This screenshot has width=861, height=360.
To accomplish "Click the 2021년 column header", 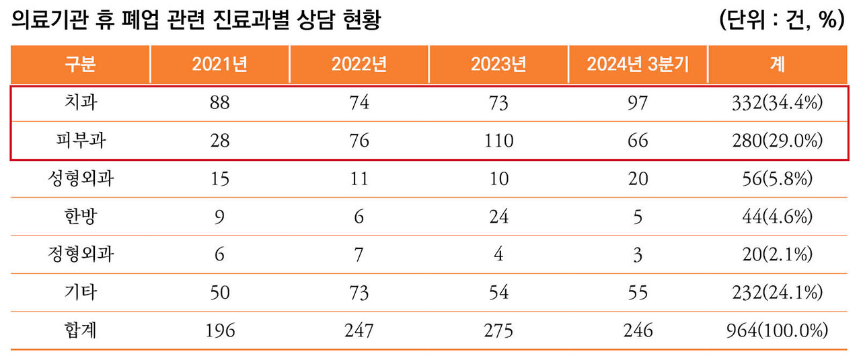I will pos(220,65).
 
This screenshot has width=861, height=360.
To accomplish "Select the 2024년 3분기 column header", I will pos(637,65).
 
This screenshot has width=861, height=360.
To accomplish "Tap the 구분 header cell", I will pos(80,65).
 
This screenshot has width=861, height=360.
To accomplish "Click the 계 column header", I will pos(777,65).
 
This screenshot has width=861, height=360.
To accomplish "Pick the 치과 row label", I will pos(80,103).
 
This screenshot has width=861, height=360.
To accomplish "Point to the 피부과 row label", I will pos(80,141).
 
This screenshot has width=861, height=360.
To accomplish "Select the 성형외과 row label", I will pos(80,179).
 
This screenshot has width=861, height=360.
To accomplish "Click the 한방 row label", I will pos(80,217).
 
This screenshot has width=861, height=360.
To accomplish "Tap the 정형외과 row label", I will pos(80,255).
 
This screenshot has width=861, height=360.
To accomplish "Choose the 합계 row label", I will pos(80,331).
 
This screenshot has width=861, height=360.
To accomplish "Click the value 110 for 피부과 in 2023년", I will pos(498,141).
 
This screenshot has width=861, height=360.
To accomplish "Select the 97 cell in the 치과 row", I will pos(637,103).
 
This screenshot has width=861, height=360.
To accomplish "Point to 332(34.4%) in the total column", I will pos(777,103).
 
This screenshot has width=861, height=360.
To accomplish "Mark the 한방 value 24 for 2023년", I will pos(498,217).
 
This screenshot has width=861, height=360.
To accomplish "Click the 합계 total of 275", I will pos(498,331).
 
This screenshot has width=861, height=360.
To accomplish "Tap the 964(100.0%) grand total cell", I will pos(777,331).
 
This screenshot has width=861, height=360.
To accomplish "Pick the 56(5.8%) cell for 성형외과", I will pos(777,179).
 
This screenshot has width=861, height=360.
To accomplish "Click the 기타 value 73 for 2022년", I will pos(359,293).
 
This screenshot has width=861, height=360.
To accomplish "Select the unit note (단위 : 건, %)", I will pos(781,21).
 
